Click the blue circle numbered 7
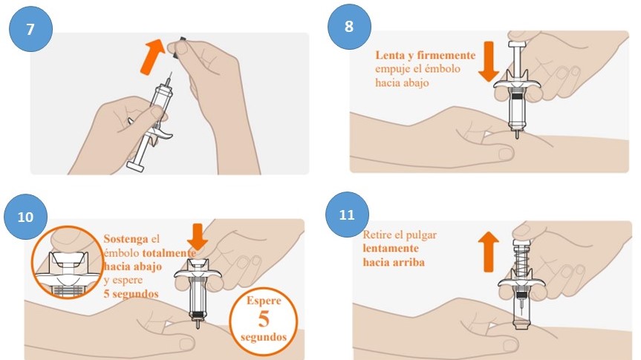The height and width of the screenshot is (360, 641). tap(30, 29)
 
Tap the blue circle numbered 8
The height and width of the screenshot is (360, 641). tap(349, 26)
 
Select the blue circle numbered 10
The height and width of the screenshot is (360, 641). tap(25, 217)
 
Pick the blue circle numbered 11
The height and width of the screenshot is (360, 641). tap(347, 215)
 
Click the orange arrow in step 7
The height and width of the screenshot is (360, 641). tap(152, 56)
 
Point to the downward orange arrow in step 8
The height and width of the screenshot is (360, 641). tap(489, 62)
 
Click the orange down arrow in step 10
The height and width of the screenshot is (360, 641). tap(198, 237)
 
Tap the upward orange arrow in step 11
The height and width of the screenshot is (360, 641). tap(488, 252)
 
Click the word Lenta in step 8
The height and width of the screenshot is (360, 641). tap(390, 55)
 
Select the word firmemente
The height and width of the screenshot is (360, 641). tap(446, 55)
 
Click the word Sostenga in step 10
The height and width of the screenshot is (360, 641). tap(126, 238)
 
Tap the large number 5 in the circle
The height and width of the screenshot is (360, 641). tap(264, 318)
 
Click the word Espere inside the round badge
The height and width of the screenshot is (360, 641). tap(264, 301)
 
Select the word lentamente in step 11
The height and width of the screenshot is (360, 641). tap(391, 249)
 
